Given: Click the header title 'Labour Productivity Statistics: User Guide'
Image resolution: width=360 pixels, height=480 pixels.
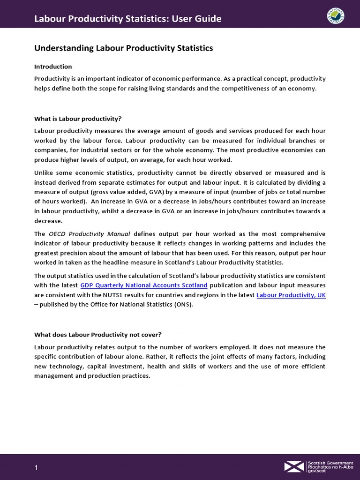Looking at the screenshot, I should (128, 19).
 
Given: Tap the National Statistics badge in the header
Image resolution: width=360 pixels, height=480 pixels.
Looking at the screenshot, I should (336, 18).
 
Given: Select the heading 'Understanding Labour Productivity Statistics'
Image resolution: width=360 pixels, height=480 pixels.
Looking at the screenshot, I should (124, 48).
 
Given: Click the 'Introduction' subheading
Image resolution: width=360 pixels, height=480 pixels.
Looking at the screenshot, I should (53, 67).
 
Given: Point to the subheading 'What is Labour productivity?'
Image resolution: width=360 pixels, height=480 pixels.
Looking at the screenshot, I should (78, 119).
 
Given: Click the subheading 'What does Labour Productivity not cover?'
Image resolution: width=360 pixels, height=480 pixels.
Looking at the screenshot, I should (97, 335).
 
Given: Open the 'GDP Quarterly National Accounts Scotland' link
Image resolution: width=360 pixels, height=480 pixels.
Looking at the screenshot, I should (144, 285).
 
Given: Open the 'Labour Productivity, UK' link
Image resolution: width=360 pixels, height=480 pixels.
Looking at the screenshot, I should (291, 295).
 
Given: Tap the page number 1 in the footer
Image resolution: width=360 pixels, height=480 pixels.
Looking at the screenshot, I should (36, 468).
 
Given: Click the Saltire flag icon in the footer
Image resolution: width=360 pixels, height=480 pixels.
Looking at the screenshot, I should (294, 466).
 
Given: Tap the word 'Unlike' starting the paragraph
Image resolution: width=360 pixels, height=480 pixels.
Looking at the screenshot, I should (45, 172).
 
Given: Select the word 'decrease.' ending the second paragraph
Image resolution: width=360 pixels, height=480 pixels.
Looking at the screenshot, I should (48, 220).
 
